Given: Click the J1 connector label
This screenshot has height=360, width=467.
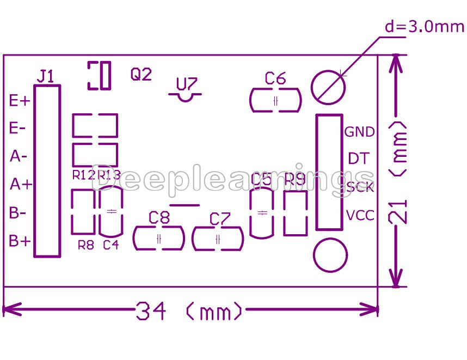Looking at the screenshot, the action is click(x=46, y=76).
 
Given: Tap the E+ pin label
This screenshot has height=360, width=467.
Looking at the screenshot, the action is click(x=20, y=100).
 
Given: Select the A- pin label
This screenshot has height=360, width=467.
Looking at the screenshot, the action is click(x=19, y=156).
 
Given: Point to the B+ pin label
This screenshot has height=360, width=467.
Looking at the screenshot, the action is click(x=20, y=241).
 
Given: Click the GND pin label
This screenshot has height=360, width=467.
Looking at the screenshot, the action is click(x=360, y=132).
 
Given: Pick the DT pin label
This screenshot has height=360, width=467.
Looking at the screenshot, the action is click(x=359, y=159).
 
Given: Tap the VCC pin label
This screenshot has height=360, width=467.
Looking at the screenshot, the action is click(x=360, y=215).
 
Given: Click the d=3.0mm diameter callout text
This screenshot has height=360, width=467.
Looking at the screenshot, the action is click(x=425, y=26).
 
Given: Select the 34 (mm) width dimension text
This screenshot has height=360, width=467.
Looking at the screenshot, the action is click(x=189, y=312).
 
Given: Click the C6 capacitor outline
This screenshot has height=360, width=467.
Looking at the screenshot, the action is click(x=275, y=101).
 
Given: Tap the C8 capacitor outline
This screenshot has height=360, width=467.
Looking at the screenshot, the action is click(x=159, y=239).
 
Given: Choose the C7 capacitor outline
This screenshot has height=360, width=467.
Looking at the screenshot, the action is click(x=218, y=239).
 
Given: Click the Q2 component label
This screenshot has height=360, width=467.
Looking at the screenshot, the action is click(x=141, y=74).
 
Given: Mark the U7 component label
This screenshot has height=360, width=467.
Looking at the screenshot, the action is click(x=187, y=84).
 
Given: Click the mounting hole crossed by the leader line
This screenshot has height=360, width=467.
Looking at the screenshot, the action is click(x=328, y=86).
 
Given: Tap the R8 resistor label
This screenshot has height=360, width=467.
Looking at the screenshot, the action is click(x=85, y=245).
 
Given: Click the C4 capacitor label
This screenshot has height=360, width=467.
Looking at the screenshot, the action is click(x=110, y=245).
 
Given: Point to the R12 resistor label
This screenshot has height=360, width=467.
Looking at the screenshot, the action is click(x=83, y=175).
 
